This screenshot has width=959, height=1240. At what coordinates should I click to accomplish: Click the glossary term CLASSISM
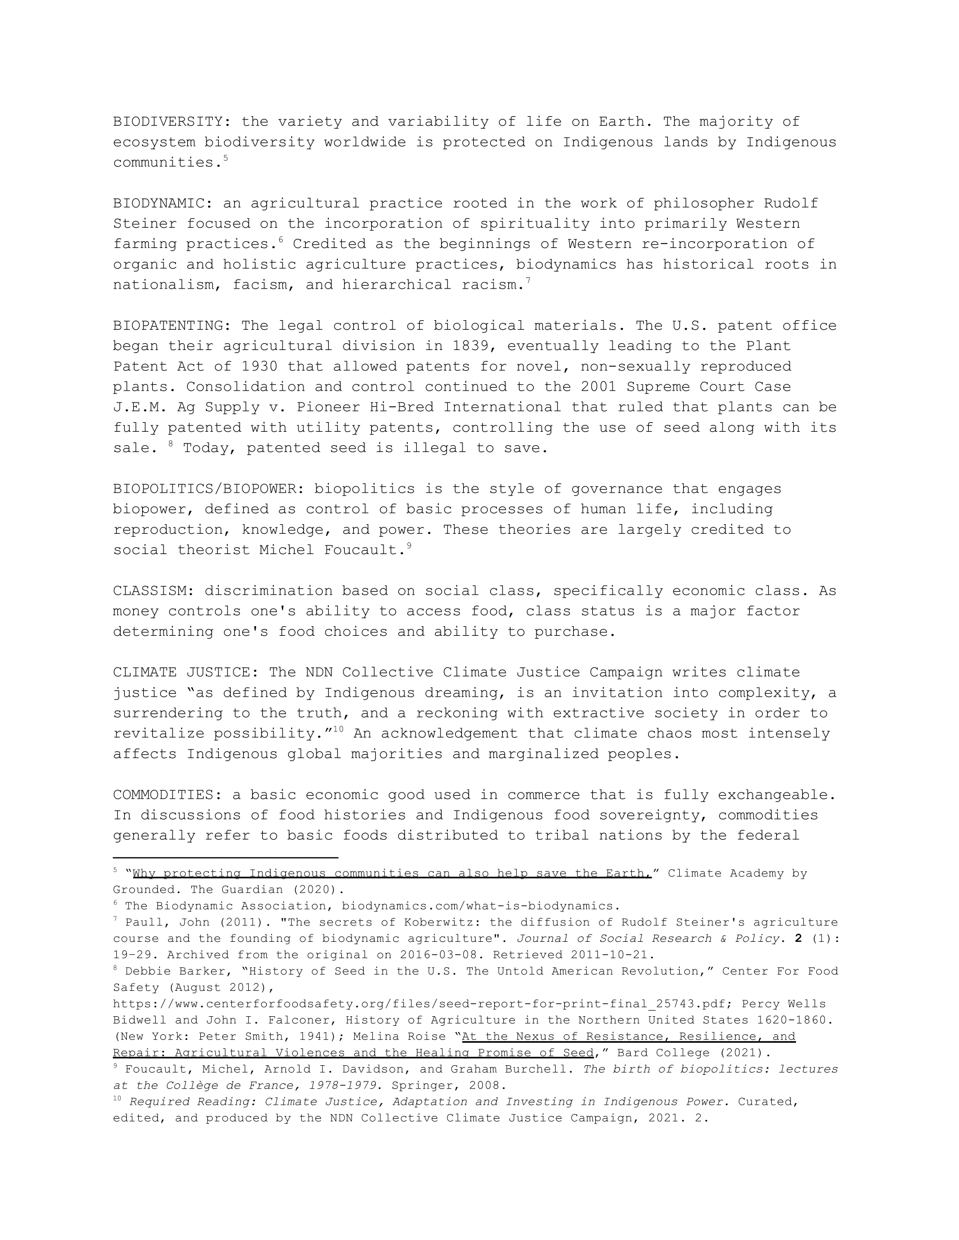(149, 591)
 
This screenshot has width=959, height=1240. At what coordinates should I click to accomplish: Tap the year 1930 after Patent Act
(259, 366)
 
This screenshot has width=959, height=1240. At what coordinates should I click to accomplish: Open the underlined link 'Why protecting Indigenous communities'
(391, 873)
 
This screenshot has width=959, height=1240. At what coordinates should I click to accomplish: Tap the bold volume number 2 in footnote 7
(798, 938)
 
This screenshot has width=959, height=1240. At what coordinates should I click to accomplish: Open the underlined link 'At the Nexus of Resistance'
(628, 1037)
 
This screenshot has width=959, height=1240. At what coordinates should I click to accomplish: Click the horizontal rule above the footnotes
(226, 857)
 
